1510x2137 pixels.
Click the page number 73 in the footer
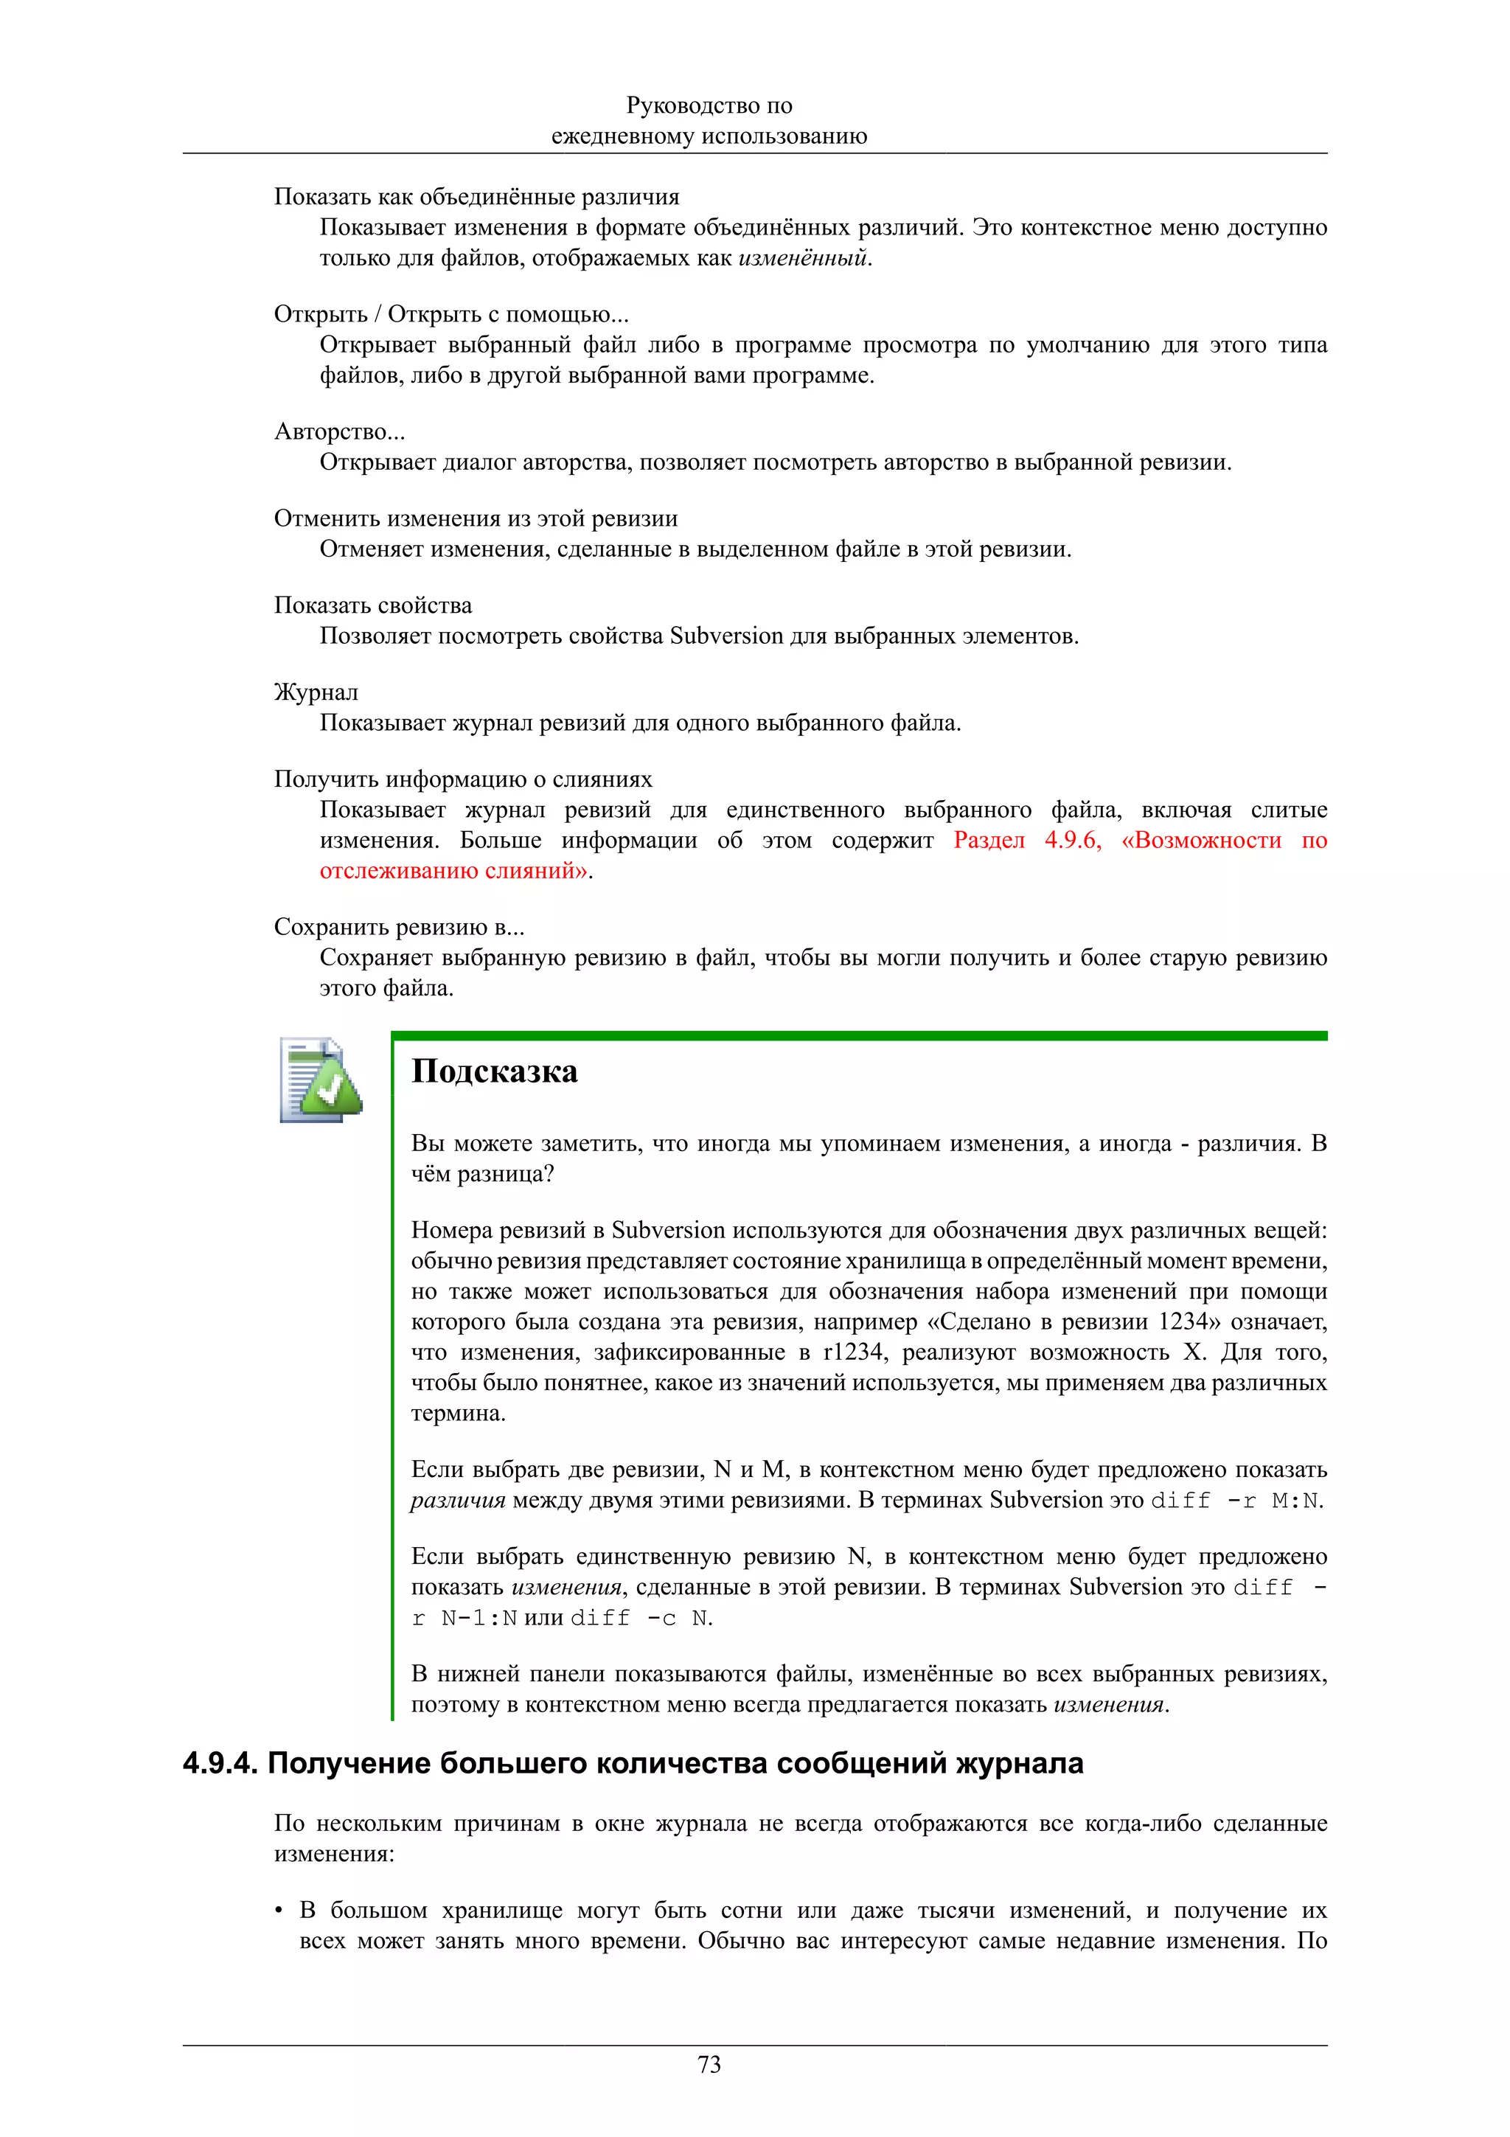click(709, 2065)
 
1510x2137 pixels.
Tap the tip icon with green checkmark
click(321, 1080)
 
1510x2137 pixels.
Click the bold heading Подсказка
click(494, 1071)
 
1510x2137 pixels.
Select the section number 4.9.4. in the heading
click(220, 1763)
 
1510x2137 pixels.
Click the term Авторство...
click(338, 432)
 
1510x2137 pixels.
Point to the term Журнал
click(316, 692)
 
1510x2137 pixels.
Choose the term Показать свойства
click(372, 606)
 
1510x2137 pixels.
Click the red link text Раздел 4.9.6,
click(1027, 841)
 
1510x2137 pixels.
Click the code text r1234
click(854, 1352)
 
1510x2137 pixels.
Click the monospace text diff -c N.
click(640, 1618)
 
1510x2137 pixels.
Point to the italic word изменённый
click(804, 258)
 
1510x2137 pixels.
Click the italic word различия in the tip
click(458, 1501)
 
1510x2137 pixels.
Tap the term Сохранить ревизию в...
click(398, 927)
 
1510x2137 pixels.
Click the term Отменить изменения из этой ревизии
click(476, 518)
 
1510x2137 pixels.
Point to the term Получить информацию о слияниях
click(462, 779)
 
